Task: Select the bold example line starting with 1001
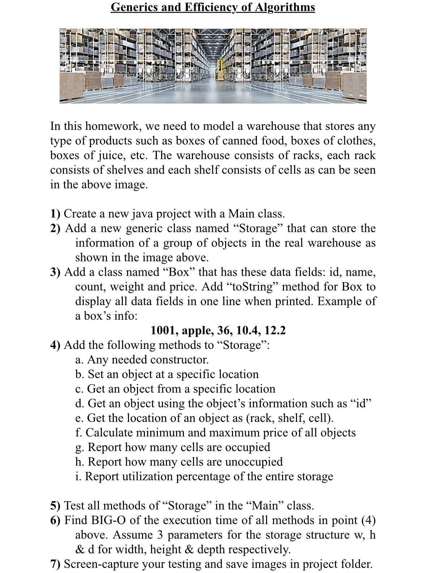click(x=218, y=330)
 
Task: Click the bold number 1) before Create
click(x=55, y=214)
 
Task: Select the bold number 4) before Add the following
click(x=55, y=345)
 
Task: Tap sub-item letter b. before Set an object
click(x=80, y=374)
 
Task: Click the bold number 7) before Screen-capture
click(x=55, y=564)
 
